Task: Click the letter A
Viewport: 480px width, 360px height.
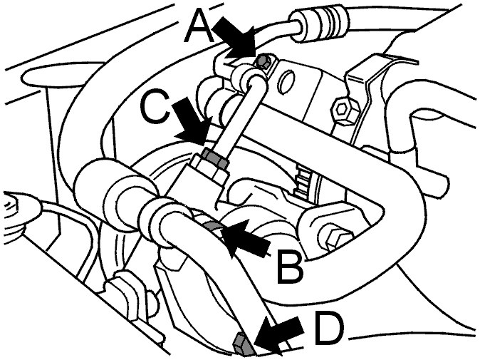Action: (199, 26)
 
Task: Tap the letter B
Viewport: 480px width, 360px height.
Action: (290, 266)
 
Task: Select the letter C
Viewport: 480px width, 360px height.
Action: (155, 107)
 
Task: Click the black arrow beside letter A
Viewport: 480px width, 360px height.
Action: (234, 38)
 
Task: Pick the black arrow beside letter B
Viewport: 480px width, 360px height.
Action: (245, 238)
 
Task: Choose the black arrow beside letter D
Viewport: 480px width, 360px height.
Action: (278, 334)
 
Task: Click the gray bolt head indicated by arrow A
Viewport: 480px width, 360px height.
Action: (264, 61)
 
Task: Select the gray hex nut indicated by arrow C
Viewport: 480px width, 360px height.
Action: (216, 158)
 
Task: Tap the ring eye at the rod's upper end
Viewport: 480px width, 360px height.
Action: (246, 78)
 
